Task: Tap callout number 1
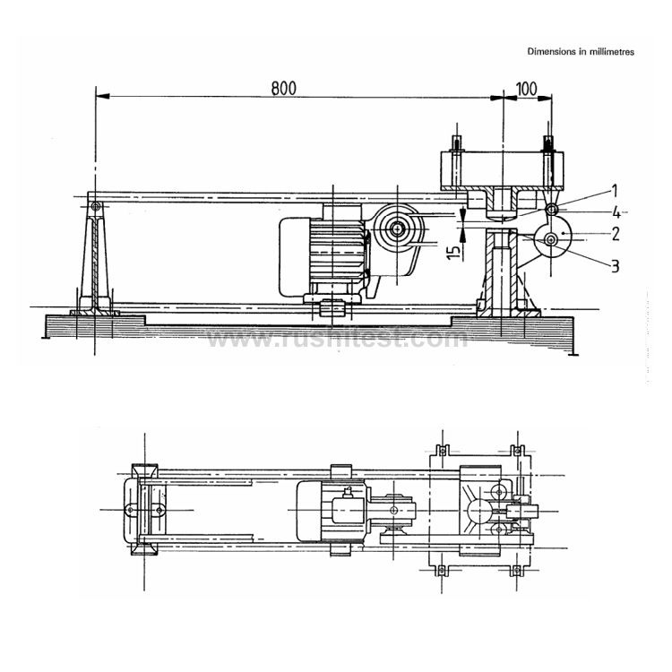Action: coord(615,190)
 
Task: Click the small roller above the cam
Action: coord(552,210)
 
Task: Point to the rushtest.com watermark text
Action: coord(336,340)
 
